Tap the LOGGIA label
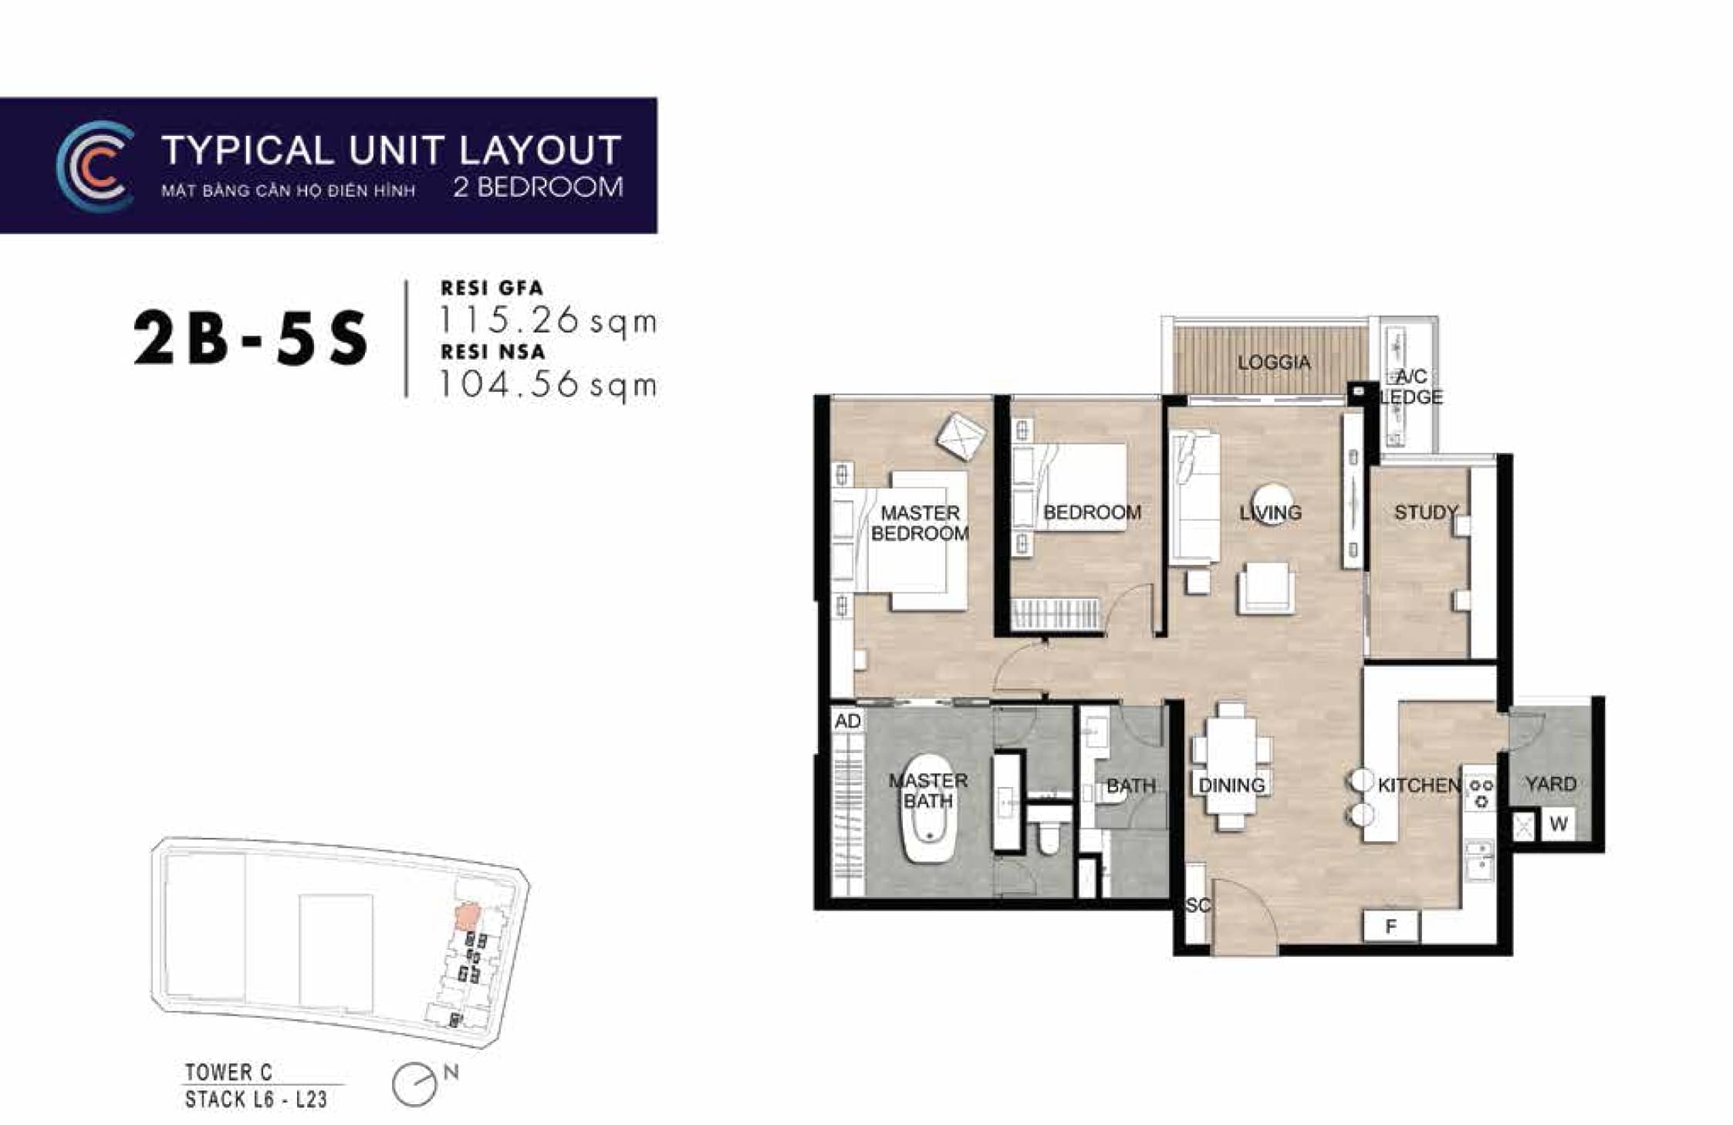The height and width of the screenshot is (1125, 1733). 1273,362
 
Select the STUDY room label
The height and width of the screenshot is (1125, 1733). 1425,512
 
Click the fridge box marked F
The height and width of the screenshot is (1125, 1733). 1391,926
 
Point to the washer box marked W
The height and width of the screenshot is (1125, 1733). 1558,824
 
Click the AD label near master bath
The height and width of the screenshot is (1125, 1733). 847,721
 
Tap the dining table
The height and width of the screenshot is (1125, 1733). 1231,768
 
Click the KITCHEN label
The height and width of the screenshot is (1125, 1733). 1419,785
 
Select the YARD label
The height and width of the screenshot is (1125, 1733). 1550,784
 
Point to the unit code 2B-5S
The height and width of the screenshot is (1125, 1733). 251,340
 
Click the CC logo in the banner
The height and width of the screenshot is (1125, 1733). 93,165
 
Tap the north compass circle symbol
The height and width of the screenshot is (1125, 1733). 414,1084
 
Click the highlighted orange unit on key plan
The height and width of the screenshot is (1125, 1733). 465,917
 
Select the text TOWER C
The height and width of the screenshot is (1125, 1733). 228,1072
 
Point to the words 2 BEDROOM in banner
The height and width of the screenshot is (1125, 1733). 538,187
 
